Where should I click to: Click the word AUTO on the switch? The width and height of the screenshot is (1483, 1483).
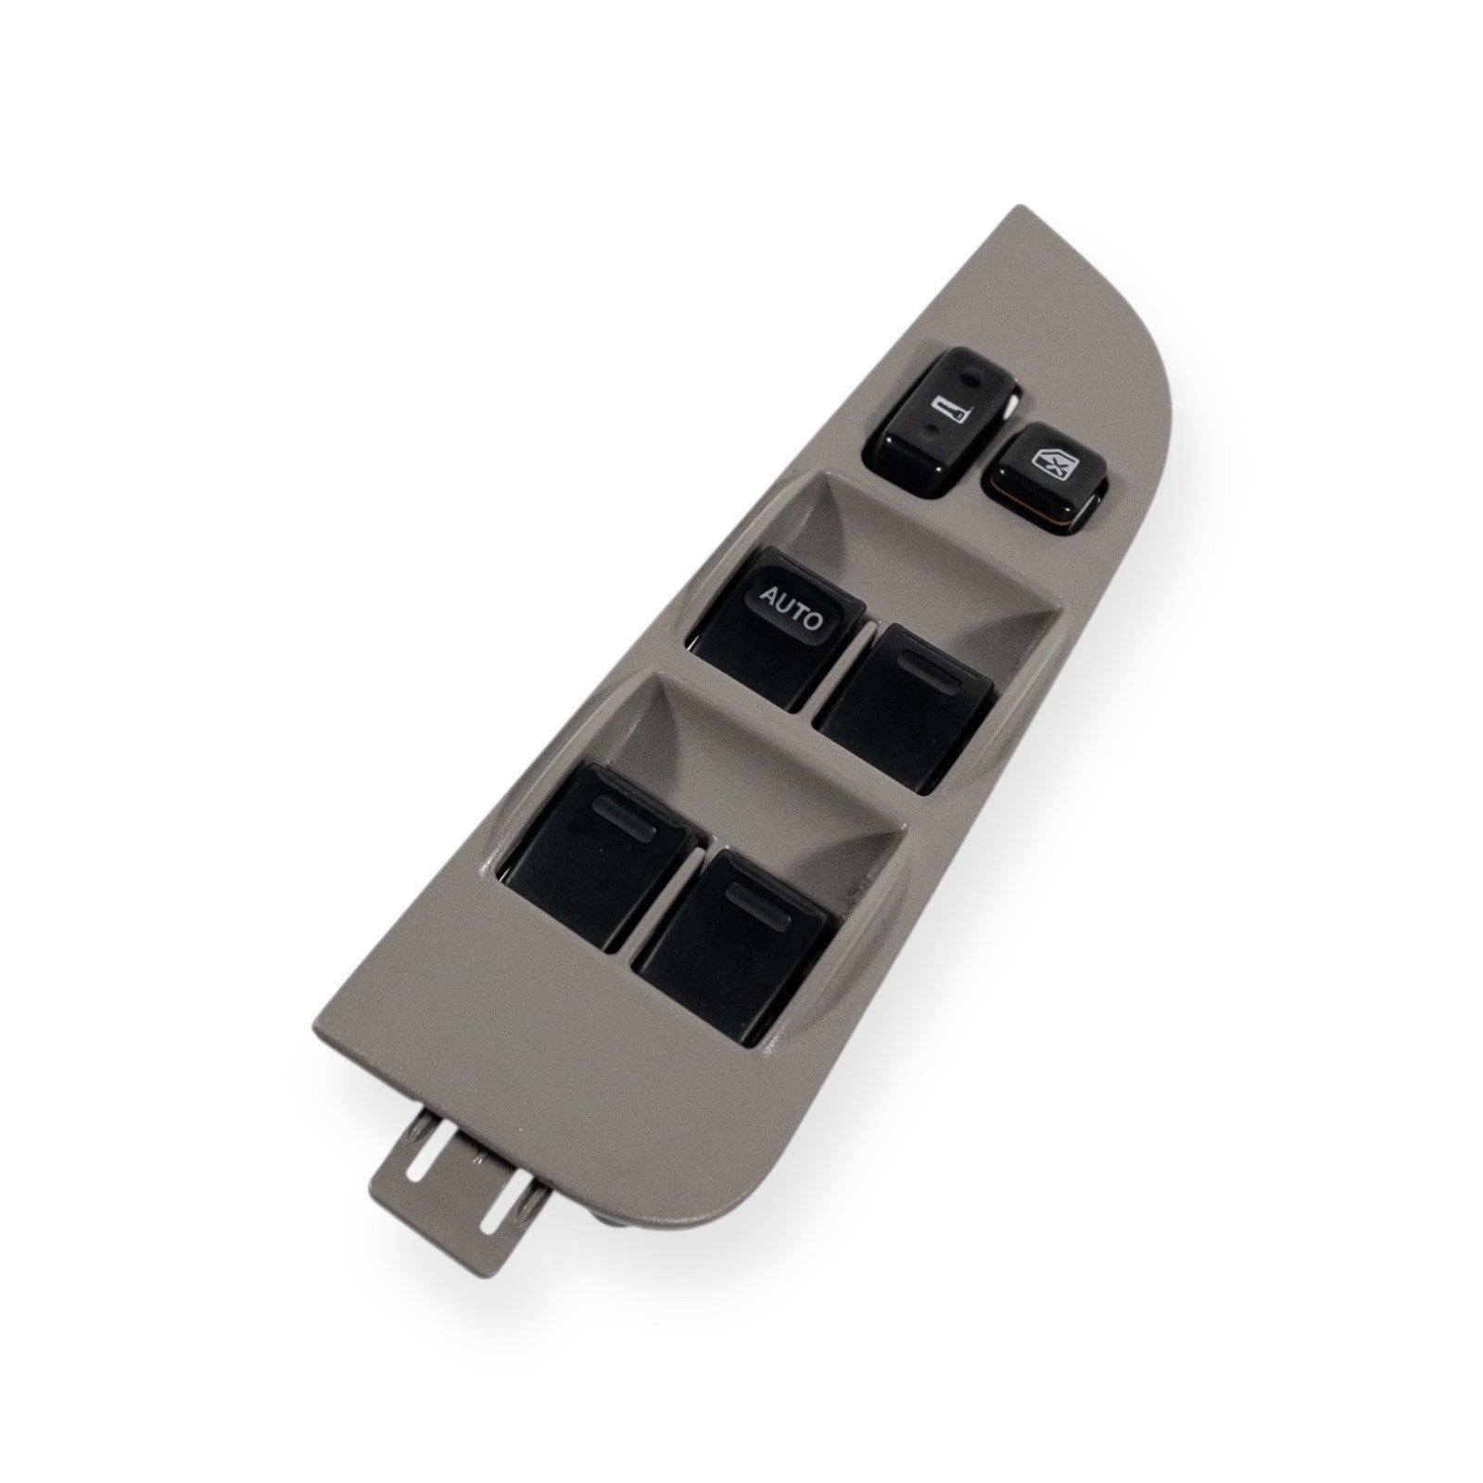[x=791, y=609]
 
